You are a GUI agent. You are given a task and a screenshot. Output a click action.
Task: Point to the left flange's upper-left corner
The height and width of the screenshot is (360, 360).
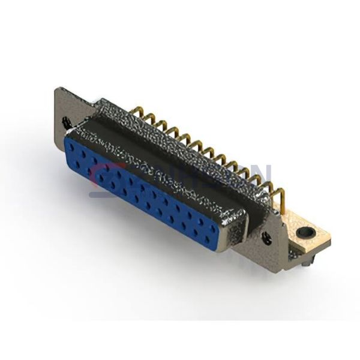pos(56,89)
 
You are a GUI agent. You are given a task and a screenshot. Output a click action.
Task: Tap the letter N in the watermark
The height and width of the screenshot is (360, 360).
pos(259,178)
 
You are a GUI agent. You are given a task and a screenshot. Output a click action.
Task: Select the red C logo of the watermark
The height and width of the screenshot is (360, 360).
pos(102,180)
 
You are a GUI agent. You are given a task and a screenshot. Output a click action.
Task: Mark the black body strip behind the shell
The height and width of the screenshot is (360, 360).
pos(180,150)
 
